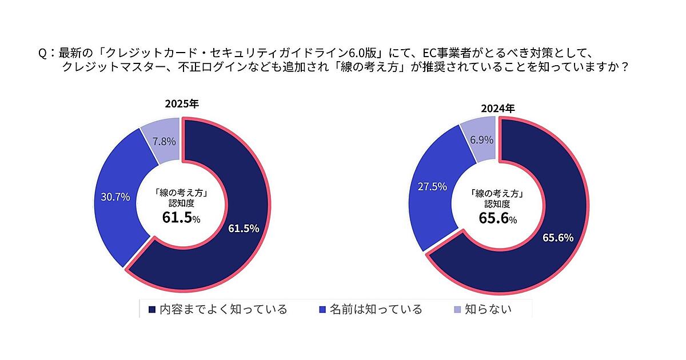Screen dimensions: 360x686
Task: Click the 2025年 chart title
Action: (x=182, y=104)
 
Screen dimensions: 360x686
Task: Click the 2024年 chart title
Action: (x=498, y=107)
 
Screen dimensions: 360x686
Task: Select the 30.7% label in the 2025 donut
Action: (x=115, y=197)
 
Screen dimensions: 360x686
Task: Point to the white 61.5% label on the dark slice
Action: (x=244, y=229)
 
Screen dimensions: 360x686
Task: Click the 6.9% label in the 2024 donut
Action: (x=482, y=139)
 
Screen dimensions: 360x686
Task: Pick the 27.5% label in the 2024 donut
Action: (x=432, y=186)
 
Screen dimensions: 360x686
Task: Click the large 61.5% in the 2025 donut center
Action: (x=178, y=218)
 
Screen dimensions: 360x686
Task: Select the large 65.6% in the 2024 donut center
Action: (x=495, y=218)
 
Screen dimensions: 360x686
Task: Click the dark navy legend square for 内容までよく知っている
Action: (x=152, y=310)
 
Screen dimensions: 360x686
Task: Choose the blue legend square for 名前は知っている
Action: (x=322, y=310)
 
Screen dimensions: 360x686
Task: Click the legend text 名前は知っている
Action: (x=376, y=310)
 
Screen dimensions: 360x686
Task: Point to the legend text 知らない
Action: (x=488, y=310)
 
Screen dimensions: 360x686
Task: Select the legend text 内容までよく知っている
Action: (x=223, y=310)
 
